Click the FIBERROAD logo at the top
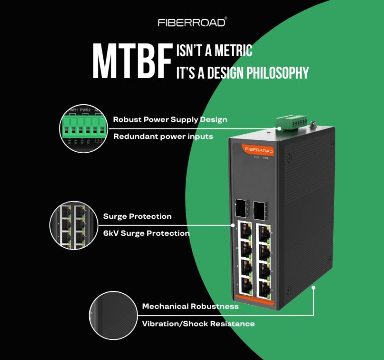(192, 22)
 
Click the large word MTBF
(132, 62)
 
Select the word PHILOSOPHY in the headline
(276, 73)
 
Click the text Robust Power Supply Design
(170, 119)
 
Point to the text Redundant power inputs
(163, 137)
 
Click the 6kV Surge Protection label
(146, 233)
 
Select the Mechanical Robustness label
(190, 306)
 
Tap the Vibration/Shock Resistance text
(198, 324)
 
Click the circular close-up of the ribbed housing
(114, 315)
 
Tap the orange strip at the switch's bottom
(255, 301)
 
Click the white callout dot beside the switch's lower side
(313, 288)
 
